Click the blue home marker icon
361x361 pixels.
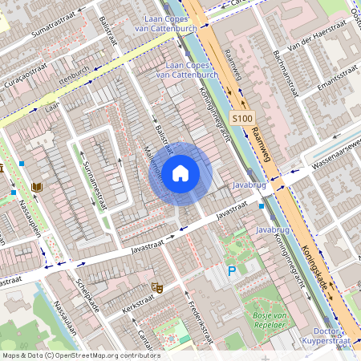(x=180, y=173)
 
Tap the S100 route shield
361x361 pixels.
(x=242, y=119)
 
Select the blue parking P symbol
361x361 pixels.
(x=232, y=272)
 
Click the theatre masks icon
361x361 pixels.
(x=157, y=286)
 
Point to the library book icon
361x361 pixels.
(x=36, y=187)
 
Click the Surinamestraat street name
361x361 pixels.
(x=97, y=180)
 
